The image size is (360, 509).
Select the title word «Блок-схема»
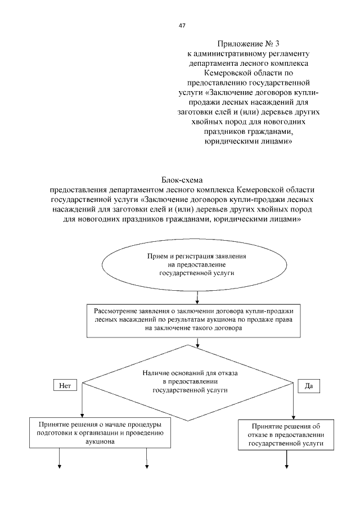[x=182, y=180]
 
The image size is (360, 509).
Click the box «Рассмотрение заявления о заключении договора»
[x=196, y=321]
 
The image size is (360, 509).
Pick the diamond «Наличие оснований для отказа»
[x=188, y=380]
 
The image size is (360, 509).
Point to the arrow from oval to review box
[x=196, y=295]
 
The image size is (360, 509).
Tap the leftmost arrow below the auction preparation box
[x=59, y=458]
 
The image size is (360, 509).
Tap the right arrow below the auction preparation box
[x=147, y=458]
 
